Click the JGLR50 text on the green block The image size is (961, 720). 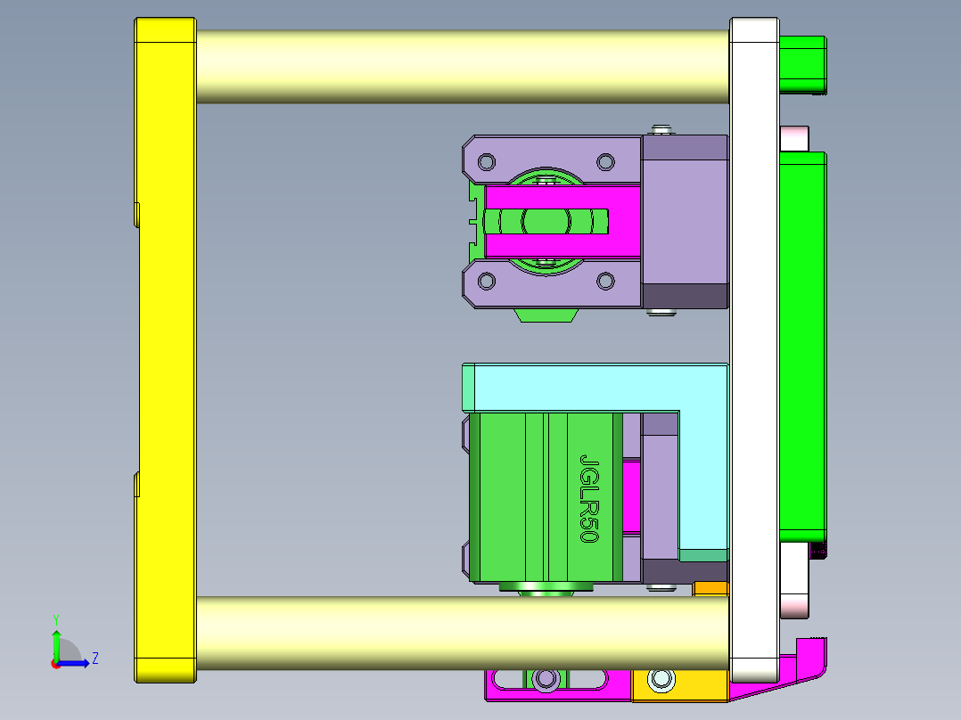tap(589, 498)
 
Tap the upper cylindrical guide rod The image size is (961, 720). tap(462, 67)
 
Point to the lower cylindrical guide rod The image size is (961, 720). tap(462, 633)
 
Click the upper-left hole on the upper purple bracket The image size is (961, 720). tap(487, 162)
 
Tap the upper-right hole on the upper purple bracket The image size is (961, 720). tap(605, 162)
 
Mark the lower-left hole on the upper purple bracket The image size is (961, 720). tap(487, 282)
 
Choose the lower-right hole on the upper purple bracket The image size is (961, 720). tap(605, 282)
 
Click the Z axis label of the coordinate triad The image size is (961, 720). tap(94, 659)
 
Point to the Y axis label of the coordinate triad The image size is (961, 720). tap(55, 619)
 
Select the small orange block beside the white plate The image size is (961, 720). tap(710, 588)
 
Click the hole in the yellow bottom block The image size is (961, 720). tap(661, 680)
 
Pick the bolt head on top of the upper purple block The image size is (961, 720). tap(661, 130)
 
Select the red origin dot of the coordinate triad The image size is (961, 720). tap(55, 663)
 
